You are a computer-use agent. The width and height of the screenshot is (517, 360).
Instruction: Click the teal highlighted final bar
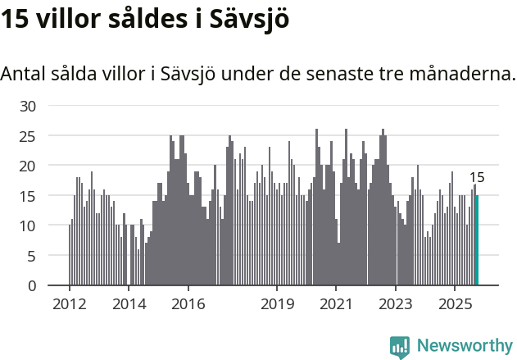point(477,240)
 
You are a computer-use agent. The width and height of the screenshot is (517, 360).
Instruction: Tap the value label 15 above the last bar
point(477,177)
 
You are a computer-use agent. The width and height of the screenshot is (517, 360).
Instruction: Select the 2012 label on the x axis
point(69,304)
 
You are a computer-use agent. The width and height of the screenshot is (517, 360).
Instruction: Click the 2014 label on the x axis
point(129,304)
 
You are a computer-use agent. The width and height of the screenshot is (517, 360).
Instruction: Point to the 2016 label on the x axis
point(188,304)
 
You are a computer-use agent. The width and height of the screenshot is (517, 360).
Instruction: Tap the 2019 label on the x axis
point(277,304)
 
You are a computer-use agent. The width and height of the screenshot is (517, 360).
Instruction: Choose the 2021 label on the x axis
point(337,304)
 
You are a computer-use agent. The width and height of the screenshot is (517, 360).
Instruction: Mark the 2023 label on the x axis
point(397,304)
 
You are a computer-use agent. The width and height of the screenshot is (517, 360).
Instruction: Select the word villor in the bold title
point(70,20)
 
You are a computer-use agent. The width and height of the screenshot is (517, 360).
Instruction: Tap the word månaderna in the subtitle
point(468,74)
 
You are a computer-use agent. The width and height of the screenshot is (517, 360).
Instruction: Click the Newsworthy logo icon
point(400,347)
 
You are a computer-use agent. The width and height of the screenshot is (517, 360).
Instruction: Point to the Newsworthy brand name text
point(464,347)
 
